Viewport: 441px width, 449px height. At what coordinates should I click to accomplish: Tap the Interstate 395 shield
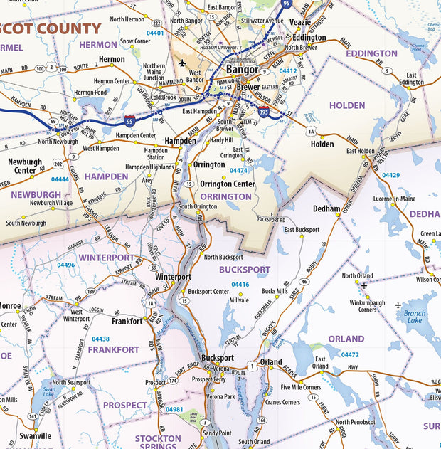264,112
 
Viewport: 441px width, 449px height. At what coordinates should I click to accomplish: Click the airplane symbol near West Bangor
183,63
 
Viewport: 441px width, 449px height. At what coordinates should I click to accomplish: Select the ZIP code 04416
240,284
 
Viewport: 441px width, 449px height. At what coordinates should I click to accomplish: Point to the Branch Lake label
415,316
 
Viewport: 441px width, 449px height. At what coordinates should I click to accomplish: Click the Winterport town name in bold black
173,276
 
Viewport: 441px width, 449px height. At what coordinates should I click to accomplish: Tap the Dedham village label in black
327,208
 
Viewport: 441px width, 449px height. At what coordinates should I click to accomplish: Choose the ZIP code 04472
350,354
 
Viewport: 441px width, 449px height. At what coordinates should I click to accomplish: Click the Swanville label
35,435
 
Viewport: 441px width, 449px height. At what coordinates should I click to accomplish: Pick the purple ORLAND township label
346,339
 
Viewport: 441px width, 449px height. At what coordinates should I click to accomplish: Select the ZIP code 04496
65,265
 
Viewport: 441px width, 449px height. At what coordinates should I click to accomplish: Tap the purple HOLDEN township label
346,105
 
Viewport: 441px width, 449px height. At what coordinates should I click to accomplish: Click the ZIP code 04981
174,410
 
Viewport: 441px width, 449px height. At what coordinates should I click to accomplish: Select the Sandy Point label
217,433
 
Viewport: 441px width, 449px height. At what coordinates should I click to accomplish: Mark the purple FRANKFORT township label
113,349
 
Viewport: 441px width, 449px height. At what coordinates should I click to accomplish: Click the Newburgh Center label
26,166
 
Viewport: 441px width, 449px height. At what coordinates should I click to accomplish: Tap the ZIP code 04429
390,175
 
